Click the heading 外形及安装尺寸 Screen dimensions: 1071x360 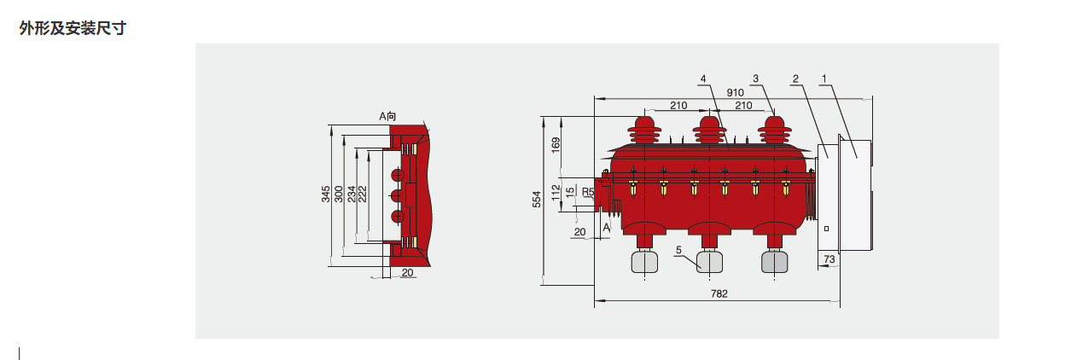(73, 28)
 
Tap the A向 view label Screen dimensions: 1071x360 (387, 116)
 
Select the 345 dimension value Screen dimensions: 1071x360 (326, 195)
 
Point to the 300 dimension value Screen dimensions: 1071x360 (339, 195)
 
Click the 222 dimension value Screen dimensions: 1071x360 (363, 195)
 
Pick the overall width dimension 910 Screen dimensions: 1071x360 (735, 93)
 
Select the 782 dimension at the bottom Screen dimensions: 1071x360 (719, 293)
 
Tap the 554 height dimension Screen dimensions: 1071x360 (537, 200)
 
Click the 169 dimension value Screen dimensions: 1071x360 (556, 145)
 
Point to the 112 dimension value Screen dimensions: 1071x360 (556, 193)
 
